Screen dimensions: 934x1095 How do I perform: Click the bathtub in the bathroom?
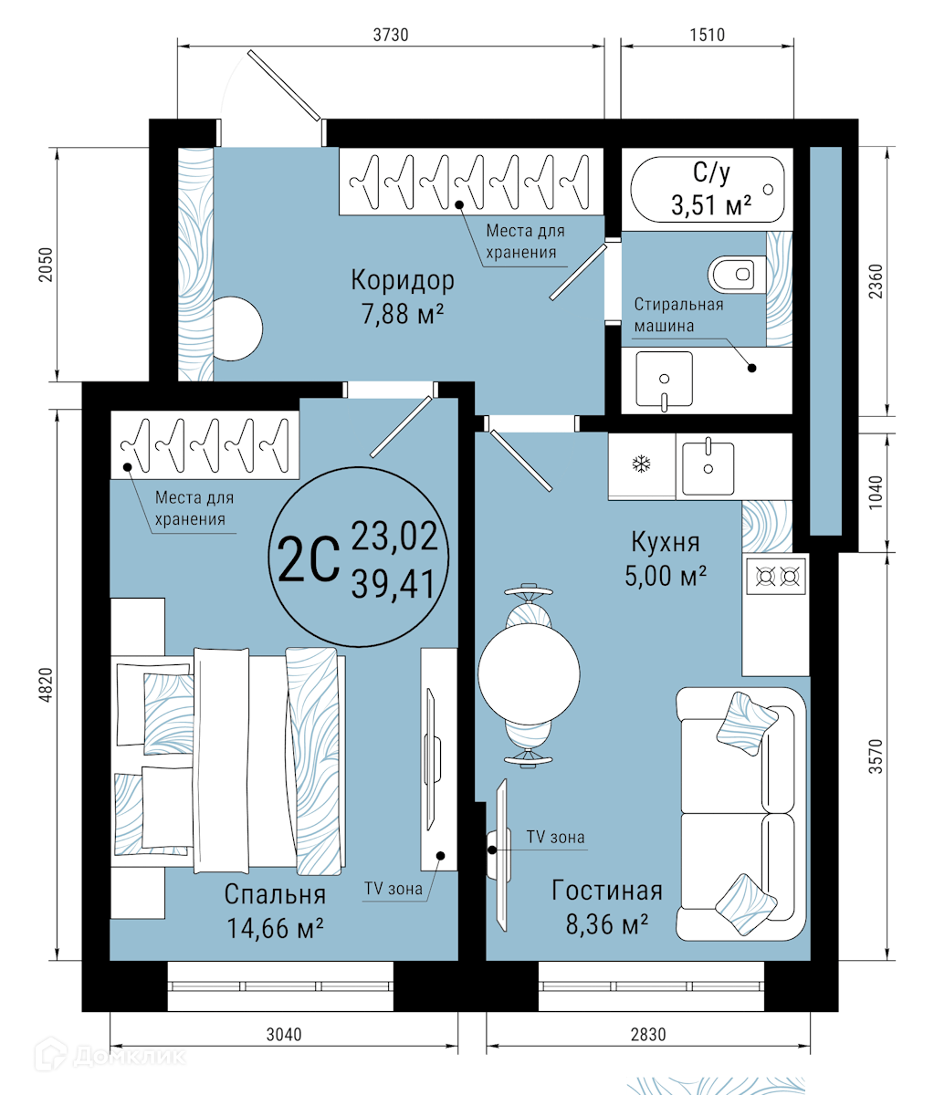tap(708, 189)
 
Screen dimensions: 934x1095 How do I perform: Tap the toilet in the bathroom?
tap(737, 274)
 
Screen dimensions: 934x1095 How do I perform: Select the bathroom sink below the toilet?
tap(664, 380)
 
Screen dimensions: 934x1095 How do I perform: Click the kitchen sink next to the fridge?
tap(708, 466)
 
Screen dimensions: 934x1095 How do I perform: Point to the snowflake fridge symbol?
tap(642, 464)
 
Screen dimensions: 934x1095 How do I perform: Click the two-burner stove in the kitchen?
tap(777, 576)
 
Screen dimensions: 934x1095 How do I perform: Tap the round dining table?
tap(529, 674)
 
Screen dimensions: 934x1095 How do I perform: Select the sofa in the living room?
tap(741, 814)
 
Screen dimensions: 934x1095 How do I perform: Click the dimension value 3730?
tap(391, 35)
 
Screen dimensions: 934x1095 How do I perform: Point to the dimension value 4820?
tap(47, 685)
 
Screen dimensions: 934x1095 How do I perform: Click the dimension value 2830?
tap(647, 1034)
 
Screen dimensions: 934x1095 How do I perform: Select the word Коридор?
tap(403, 280)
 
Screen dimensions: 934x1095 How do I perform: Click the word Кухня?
tap(666, 542)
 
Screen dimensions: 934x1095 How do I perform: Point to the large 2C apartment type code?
tap(309, 559)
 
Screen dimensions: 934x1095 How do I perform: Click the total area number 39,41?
tap(394, 584)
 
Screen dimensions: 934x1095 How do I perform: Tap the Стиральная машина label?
tap(679, 315)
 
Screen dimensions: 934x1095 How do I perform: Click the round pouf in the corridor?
tap(237, 328)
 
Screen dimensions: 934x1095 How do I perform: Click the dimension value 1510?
tap(708, 35)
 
